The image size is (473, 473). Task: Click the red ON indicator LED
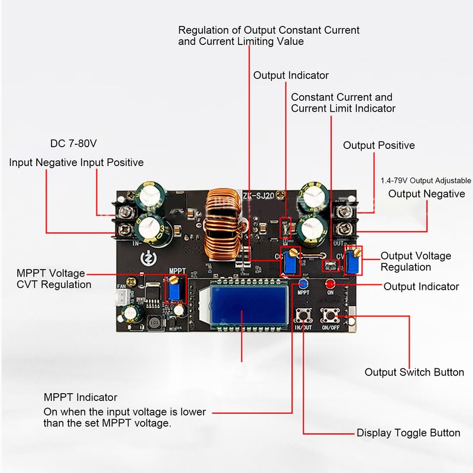330,284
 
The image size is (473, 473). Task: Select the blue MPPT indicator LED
303,283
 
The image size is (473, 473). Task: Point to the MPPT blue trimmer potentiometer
174,290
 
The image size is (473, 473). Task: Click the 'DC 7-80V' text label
73,144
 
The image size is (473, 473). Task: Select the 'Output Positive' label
379,145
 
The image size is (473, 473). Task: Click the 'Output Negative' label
426,194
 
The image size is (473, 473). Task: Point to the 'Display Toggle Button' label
408,433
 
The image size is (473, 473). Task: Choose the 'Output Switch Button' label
414,372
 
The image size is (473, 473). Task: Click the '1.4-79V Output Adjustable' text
425,180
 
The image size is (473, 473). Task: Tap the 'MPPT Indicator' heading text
80,397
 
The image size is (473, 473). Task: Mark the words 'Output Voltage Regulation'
416,261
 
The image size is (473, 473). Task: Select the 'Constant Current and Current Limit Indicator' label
343,103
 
